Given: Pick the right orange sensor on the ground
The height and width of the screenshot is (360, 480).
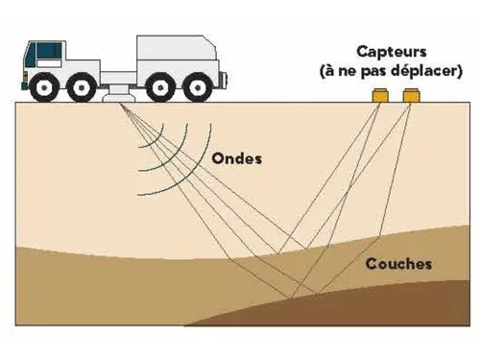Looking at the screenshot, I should (x=412, y=95).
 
